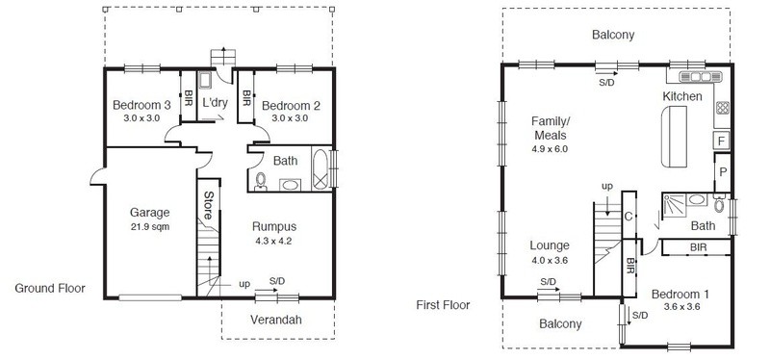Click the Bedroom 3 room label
tap(141, 105)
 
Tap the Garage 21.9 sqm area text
tap(150, 227)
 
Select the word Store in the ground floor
tap(208, 205)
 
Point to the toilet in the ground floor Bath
tap(261, 181)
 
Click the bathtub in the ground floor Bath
tap(321, 169)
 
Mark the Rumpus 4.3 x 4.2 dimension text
tap(274, 242)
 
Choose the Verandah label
tap(276, 320)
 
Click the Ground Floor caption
tap(50, 289)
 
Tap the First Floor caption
tap(443, 305)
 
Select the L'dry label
tap(215, 103)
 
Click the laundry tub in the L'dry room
tap(205, 80)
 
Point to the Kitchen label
tap(682, 96)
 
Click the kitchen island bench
tap(674, 137)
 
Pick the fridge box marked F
tap(721, 141)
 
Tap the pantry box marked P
tap(723, 172)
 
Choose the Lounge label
tap(550, 245)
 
